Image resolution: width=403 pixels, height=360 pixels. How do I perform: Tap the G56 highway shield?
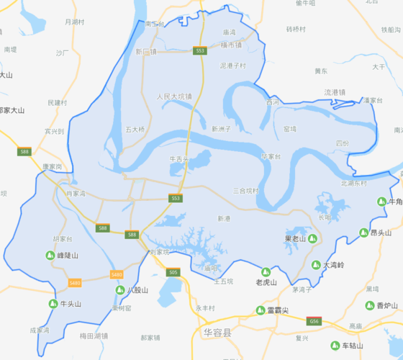(x=314, y=320)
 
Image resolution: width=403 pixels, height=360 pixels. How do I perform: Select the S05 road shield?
(x=172, y=272)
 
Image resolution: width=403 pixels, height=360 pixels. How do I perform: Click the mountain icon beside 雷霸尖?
(x=261, y=310)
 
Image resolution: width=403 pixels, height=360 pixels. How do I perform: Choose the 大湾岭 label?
(x=333, y=265)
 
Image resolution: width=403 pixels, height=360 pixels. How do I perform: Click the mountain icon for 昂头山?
(x=364, y=233)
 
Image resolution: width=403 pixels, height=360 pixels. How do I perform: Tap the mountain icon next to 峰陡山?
(x=50, y=255)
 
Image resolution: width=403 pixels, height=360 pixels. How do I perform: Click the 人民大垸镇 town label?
(x=174, y=96)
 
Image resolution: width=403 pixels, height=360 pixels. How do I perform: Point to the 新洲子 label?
(x=221, y=128)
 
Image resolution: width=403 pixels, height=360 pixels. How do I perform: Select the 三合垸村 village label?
(x=245, y=191)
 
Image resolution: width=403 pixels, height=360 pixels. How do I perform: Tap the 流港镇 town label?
(x=335, y=92)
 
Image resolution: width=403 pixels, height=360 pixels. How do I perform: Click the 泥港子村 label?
(x=232, y=66)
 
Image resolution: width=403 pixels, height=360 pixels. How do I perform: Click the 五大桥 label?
(x=135, y=130)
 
